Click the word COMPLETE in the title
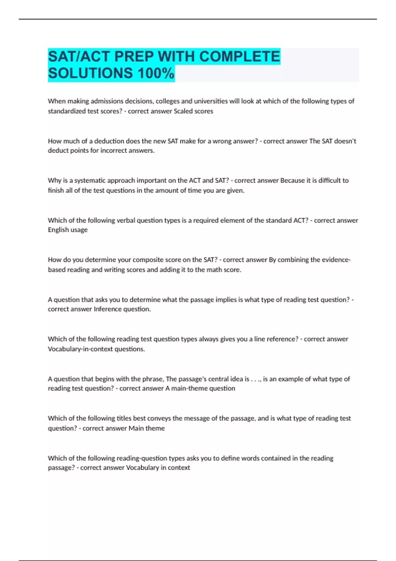tap(240, 56)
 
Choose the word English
tap(57, 230)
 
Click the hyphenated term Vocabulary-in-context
tap(80, 349)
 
